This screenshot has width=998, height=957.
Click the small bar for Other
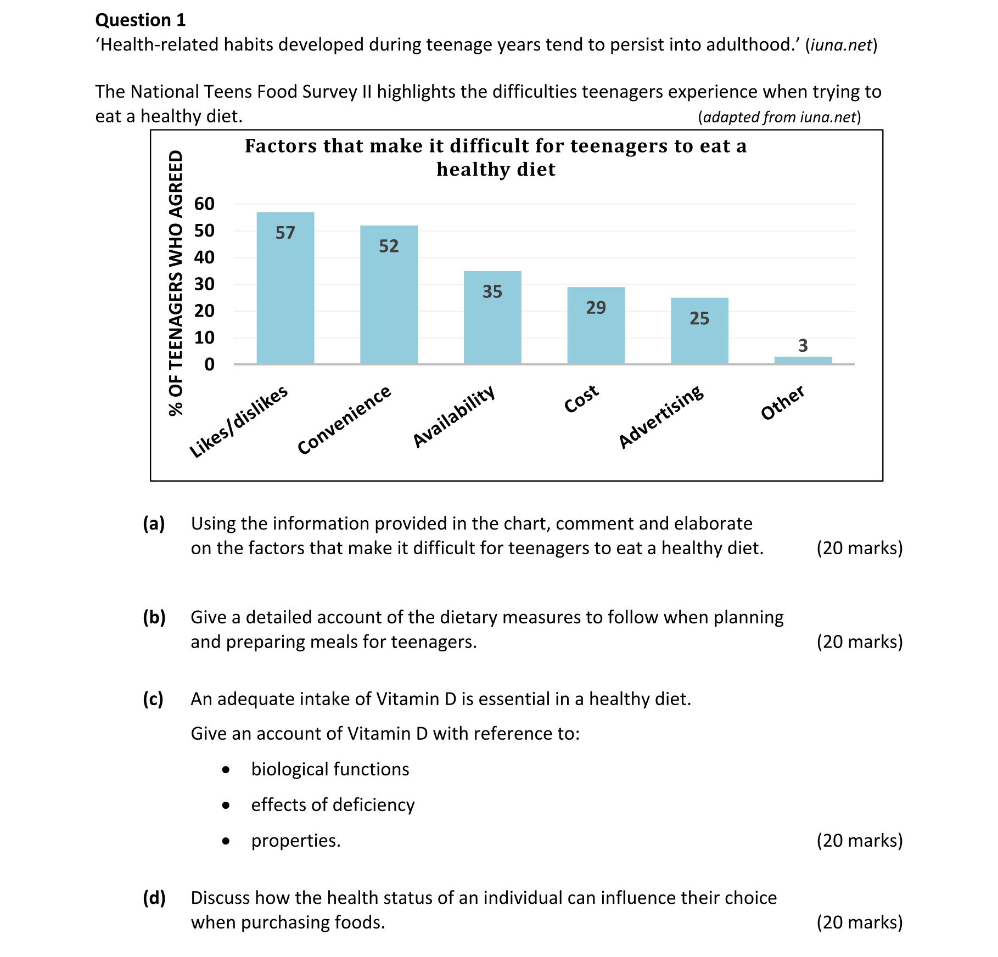(803, 360)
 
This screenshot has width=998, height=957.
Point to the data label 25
(699, 318)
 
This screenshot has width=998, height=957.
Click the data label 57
(285, 233)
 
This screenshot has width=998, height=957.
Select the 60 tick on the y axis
(204, 204)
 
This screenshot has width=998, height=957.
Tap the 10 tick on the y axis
(204, 337)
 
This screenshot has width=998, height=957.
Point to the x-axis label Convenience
(344, 420)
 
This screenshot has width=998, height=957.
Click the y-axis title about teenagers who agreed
(176, 283)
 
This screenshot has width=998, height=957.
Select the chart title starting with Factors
(496, 157)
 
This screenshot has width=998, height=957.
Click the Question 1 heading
(141, 20)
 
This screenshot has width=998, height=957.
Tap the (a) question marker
(154, 523)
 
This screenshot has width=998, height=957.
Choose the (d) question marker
(154, 898)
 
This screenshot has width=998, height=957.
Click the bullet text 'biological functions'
(330, 769)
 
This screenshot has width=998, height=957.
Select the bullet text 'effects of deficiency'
(333, 805)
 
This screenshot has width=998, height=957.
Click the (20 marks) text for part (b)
(859, 641)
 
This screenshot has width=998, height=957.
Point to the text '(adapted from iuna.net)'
(779, 117)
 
